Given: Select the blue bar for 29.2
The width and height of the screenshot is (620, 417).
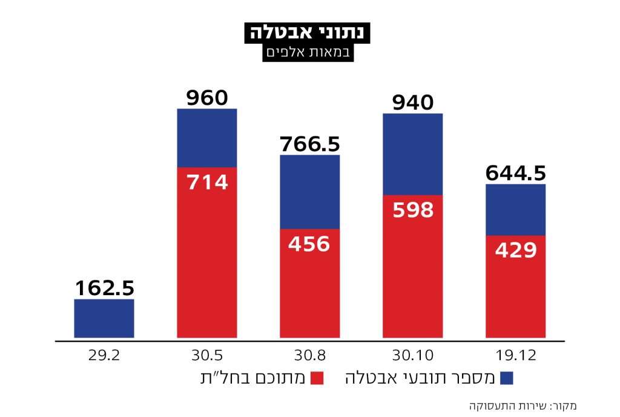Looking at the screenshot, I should [104, 318].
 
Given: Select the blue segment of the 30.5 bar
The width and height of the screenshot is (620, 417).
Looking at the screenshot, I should [207, 138].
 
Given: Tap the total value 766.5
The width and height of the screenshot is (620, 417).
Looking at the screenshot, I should [309, 145].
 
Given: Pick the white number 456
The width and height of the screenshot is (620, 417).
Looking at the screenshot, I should [309, 244].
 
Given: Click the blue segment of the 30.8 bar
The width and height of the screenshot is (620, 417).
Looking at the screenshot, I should [309, 192].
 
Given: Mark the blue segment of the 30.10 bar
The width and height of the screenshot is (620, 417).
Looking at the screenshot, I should [412, 154].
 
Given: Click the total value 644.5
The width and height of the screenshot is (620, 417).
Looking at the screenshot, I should [515, 174].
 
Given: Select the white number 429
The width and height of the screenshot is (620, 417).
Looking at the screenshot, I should [515, 250].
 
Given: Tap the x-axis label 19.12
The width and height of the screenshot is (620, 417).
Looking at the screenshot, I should [515, 354].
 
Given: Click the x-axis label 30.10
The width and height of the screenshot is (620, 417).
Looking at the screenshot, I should [412, 354].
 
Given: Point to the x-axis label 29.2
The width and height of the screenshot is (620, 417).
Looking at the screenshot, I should [104, 354].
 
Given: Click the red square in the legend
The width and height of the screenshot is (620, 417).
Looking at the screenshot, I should [317, 378].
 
